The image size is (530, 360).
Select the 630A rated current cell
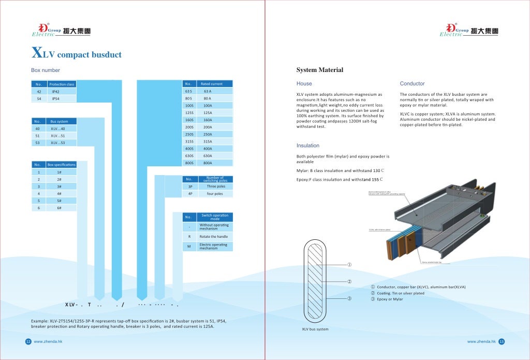(x=208, y=156)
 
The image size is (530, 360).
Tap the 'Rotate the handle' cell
(x=214, y=237)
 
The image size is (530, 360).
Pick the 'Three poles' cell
(x=215, y=186)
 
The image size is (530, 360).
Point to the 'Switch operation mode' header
(x=214, y=217)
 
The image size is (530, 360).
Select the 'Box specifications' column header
(x=62, y=165)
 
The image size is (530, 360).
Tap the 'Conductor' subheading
(x=412, y=83)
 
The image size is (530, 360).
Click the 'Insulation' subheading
(x=307, y=146)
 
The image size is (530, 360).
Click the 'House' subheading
(x=304, y=83)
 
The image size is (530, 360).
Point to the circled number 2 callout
(x=349, y=282)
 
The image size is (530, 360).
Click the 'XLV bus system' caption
(x=315, y=329)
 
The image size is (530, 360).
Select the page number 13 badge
(x=502, y=342)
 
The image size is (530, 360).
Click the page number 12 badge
(x=28, y=342)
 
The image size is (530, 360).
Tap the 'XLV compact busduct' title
(x=77, y=54)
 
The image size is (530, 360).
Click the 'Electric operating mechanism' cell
(x=213, y=247)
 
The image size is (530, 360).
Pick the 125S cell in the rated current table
(x=189, y=112)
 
